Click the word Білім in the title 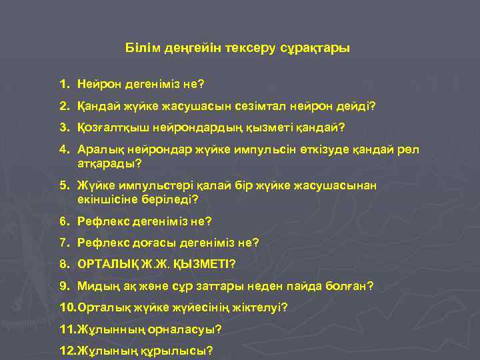point(140,49)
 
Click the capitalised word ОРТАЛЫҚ point(109,264)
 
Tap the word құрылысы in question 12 point(180,351)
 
